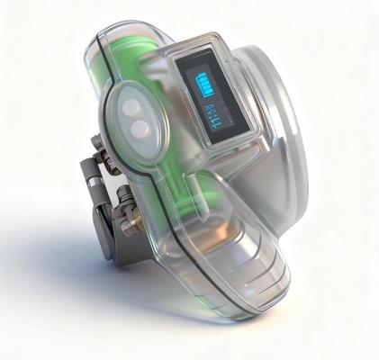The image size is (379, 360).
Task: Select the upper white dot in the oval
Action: (x=132, y=107)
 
